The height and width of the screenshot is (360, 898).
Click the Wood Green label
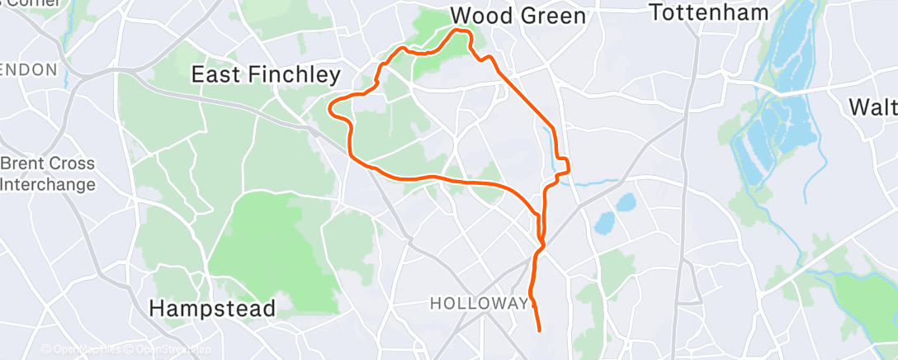pyautogui.click(x=518, y=16)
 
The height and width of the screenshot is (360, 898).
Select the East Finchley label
pyautogui.click(x=265, y=75)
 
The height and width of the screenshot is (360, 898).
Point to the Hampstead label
pyautogui.click(x=212, y=309)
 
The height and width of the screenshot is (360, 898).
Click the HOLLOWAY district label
pyautogui.click(x=479, y=304)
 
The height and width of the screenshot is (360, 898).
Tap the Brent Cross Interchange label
pyautogui.click(x=47, y=174)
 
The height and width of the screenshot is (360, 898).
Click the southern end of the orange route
pyautogui.click(x=539, y=330)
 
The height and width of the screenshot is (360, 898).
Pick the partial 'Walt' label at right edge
pyautogui.click(x=873, y=107)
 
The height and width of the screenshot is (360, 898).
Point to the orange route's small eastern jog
pyautogui.click(x=565, y=166)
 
